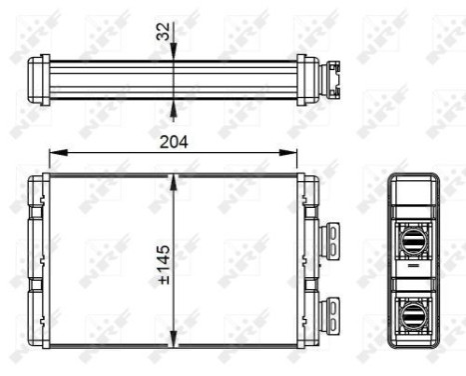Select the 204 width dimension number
click(x=174, y=141)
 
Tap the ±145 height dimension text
click(x=164, y=262)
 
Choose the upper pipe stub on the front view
click(x=328, y=237)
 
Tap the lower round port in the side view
click(x=412, y=314)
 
